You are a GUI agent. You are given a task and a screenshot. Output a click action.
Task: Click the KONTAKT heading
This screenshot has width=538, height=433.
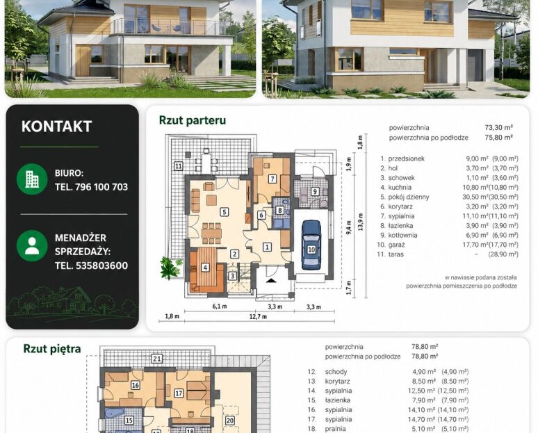click(56, 126)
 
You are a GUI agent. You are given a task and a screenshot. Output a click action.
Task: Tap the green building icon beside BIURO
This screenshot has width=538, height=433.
click(32, 179)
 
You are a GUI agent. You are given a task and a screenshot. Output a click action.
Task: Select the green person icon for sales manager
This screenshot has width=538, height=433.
click(32, 245)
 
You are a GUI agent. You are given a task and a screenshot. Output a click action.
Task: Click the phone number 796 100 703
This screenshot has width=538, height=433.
click(101, 187)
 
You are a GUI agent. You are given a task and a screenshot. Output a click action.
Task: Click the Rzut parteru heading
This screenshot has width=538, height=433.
click(193, 120)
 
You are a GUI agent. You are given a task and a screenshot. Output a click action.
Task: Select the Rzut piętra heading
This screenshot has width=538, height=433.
click(52, 349)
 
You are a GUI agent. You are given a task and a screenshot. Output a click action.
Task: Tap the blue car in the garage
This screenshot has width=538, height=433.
click(311, 245)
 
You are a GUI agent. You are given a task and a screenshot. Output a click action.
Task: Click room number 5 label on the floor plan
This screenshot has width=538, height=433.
click(224, 212)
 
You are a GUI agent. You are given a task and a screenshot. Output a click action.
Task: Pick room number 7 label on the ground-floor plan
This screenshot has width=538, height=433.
click(272, 179)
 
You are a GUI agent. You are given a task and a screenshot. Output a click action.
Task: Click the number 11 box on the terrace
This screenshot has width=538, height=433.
click(179, 166)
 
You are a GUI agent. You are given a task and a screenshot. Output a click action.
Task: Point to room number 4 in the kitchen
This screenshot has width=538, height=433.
click(205, 268)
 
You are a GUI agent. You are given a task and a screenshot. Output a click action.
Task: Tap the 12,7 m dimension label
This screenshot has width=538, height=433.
click(258, 317)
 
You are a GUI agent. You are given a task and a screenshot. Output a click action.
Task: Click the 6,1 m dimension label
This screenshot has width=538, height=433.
click(219, 307)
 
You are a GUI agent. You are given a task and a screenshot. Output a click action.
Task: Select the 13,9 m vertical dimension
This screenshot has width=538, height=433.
click(360, 222)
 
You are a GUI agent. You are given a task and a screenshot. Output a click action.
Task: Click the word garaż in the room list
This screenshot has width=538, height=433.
click(397, 245)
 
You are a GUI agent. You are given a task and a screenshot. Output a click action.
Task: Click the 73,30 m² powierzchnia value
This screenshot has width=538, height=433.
click(499, 128)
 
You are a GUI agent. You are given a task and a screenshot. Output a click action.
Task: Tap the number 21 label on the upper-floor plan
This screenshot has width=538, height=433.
click(157, 359)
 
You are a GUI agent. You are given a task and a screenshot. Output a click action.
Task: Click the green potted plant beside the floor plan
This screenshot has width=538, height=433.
click(170, 268)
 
